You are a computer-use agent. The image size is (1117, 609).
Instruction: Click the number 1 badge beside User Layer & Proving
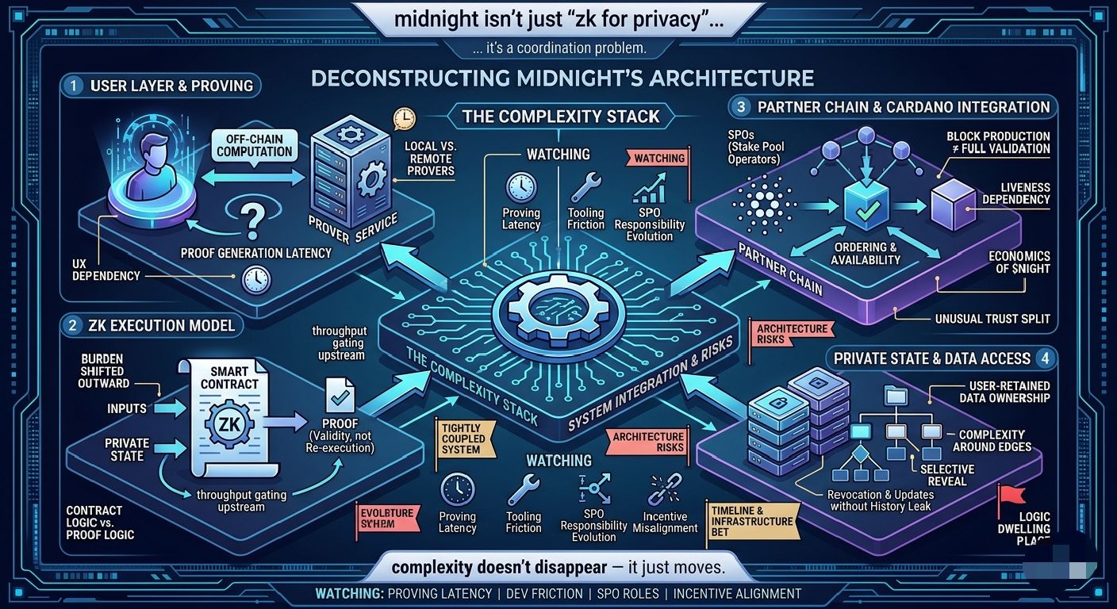click(x=73, y=86)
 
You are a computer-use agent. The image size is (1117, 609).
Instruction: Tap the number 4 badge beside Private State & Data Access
click(x=1045, y=359)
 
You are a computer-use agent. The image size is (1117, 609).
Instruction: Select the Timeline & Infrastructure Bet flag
click(x=751, y=521)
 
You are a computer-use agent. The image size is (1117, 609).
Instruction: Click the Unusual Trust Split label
click(x=992, y=319)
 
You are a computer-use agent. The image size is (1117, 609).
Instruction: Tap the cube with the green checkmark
click(x=864, y=205)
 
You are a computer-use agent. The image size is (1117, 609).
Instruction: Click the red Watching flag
click(x=658, y=159)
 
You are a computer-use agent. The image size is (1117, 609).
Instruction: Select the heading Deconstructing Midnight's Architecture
click(x=562, y=78)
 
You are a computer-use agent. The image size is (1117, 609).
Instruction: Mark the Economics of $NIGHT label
click(x=1019, y=262)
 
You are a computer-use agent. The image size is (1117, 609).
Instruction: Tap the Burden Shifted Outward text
click(x=103, y=371)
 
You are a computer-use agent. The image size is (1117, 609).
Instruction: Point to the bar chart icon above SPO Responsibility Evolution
click(x=649, y=191)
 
